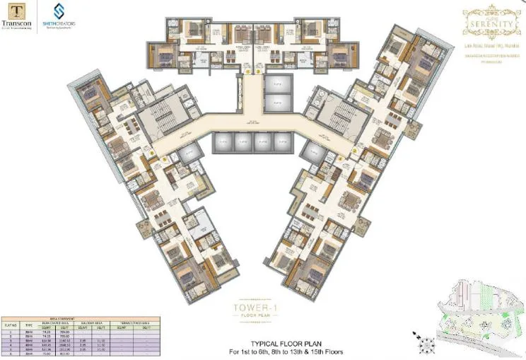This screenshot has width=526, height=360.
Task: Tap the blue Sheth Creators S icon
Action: pos(59,11)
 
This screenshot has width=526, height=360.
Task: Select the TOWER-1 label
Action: pos(253,308)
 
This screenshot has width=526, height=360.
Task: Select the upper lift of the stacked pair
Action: pos(274,81)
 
